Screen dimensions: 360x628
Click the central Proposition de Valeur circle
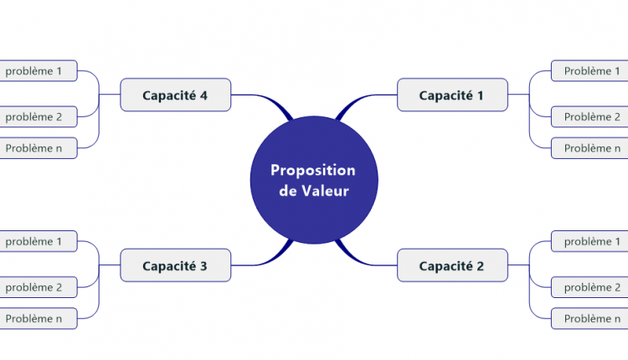[314, 180]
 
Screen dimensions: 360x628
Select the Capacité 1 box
[451, 95]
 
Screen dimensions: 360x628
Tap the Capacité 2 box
[451, 266]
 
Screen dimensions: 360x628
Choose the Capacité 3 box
[175, 266]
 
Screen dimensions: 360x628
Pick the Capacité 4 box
[175, 95]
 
